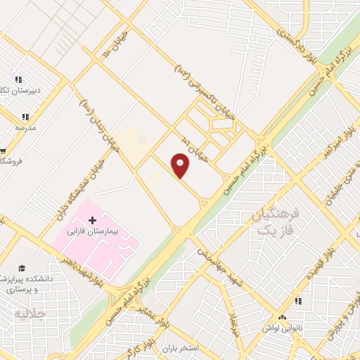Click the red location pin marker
[x=181, y=166]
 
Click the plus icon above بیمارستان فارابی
[x=93, y=220]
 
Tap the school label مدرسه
[x=25, y=128]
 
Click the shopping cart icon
[x=3, y=150]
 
